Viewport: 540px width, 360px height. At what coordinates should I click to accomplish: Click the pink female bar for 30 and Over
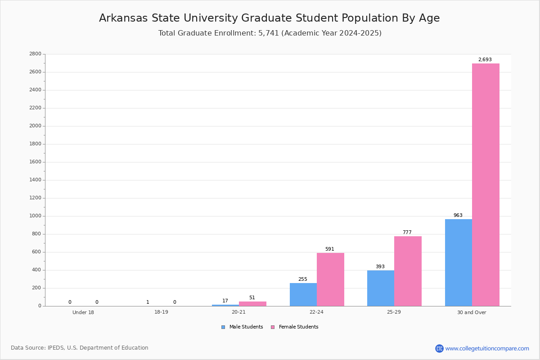486,184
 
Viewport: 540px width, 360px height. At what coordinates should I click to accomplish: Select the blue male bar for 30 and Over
459,263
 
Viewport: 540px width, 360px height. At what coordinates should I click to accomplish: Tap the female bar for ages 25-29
408,271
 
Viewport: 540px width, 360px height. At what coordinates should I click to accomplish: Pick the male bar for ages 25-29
381,288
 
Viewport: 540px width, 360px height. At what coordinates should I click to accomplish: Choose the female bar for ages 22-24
330,279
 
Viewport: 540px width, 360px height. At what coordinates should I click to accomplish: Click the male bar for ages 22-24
303,295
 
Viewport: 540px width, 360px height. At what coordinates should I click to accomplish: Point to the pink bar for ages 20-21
252,304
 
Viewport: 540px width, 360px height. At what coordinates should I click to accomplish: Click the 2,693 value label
485,59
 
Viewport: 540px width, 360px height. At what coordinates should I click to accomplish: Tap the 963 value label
458,215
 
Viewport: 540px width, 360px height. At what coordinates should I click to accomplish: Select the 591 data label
330,249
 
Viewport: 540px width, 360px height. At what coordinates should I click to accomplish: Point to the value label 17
225,301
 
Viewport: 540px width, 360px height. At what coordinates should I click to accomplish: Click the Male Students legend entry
242,327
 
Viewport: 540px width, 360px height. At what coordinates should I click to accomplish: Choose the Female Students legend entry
295,327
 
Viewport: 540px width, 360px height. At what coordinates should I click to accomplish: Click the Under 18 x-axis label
83,312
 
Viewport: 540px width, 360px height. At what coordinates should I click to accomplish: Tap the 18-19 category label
161,312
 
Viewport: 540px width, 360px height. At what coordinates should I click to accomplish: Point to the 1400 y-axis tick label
36,180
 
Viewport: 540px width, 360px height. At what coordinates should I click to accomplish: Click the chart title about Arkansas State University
270,18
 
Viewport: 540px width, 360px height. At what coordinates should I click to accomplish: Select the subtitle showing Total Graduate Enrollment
270,33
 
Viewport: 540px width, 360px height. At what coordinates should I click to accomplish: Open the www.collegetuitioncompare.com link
487,348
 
